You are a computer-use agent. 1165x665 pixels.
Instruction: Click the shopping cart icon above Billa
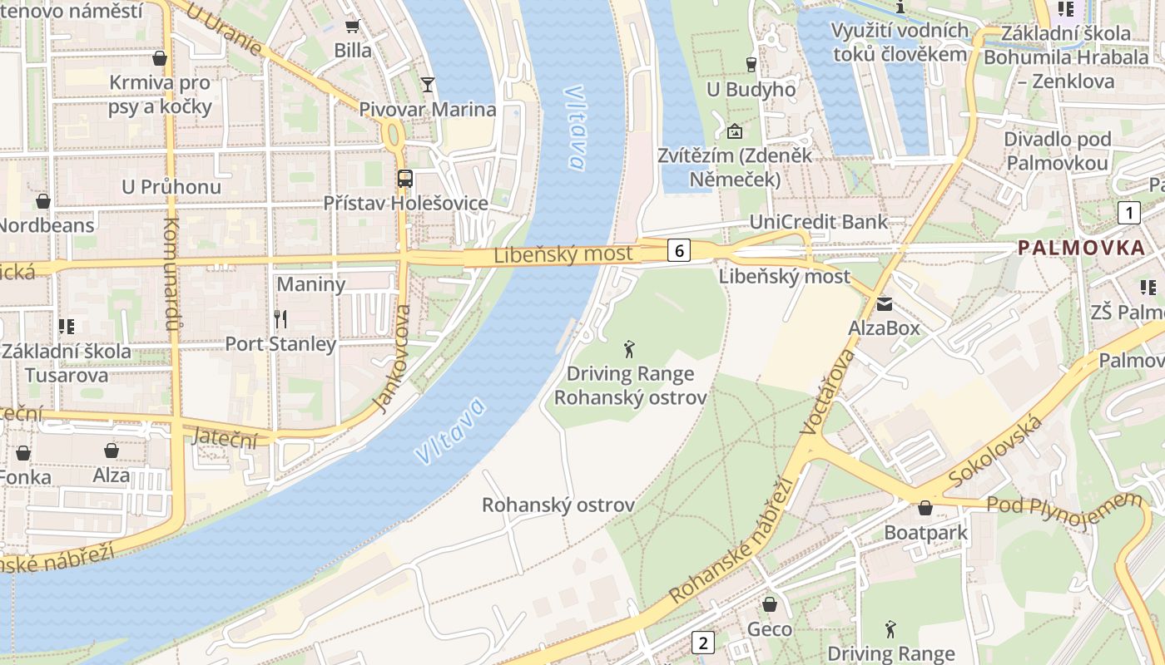(x=352, y=27)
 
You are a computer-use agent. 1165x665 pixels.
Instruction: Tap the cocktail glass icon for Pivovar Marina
(x=428, y=84)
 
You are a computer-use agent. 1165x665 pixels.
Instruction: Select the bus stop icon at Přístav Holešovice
(x=405, y=178)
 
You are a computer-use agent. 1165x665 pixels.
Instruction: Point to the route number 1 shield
(x=1128, y=213)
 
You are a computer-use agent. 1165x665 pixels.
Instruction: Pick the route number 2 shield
(x=703, y=643)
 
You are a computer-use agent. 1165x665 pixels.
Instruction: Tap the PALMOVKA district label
(x=1082, y=248)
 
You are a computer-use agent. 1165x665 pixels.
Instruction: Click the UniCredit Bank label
(x=819, y=222)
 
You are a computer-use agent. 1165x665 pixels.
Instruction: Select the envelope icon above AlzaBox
(x=884, y=303)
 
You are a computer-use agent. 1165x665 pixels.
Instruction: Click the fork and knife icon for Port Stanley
(x=280, y=318)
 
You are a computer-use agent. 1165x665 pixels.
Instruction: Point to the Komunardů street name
(x=172, y=274)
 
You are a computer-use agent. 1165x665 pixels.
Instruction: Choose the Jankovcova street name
(x=393, y=358)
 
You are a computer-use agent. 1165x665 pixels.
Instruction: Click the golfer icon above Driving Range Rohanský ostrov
(x=630, y=349)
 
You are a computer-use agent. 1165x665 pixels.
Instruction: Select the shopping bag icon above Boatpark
(x=925, y=508)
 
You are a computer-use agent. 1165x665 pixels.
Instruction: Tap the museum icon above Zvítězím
(x=735, y=131)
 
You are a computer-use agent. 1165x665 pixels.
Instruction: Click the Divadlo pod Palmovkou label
(x=1057, y=150)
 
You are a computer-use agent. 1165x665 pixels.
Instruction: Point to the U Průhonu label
(x=171, y=186)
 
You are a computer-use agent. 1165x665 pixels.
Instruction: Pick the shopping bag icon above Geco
(x=770, y=604)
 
